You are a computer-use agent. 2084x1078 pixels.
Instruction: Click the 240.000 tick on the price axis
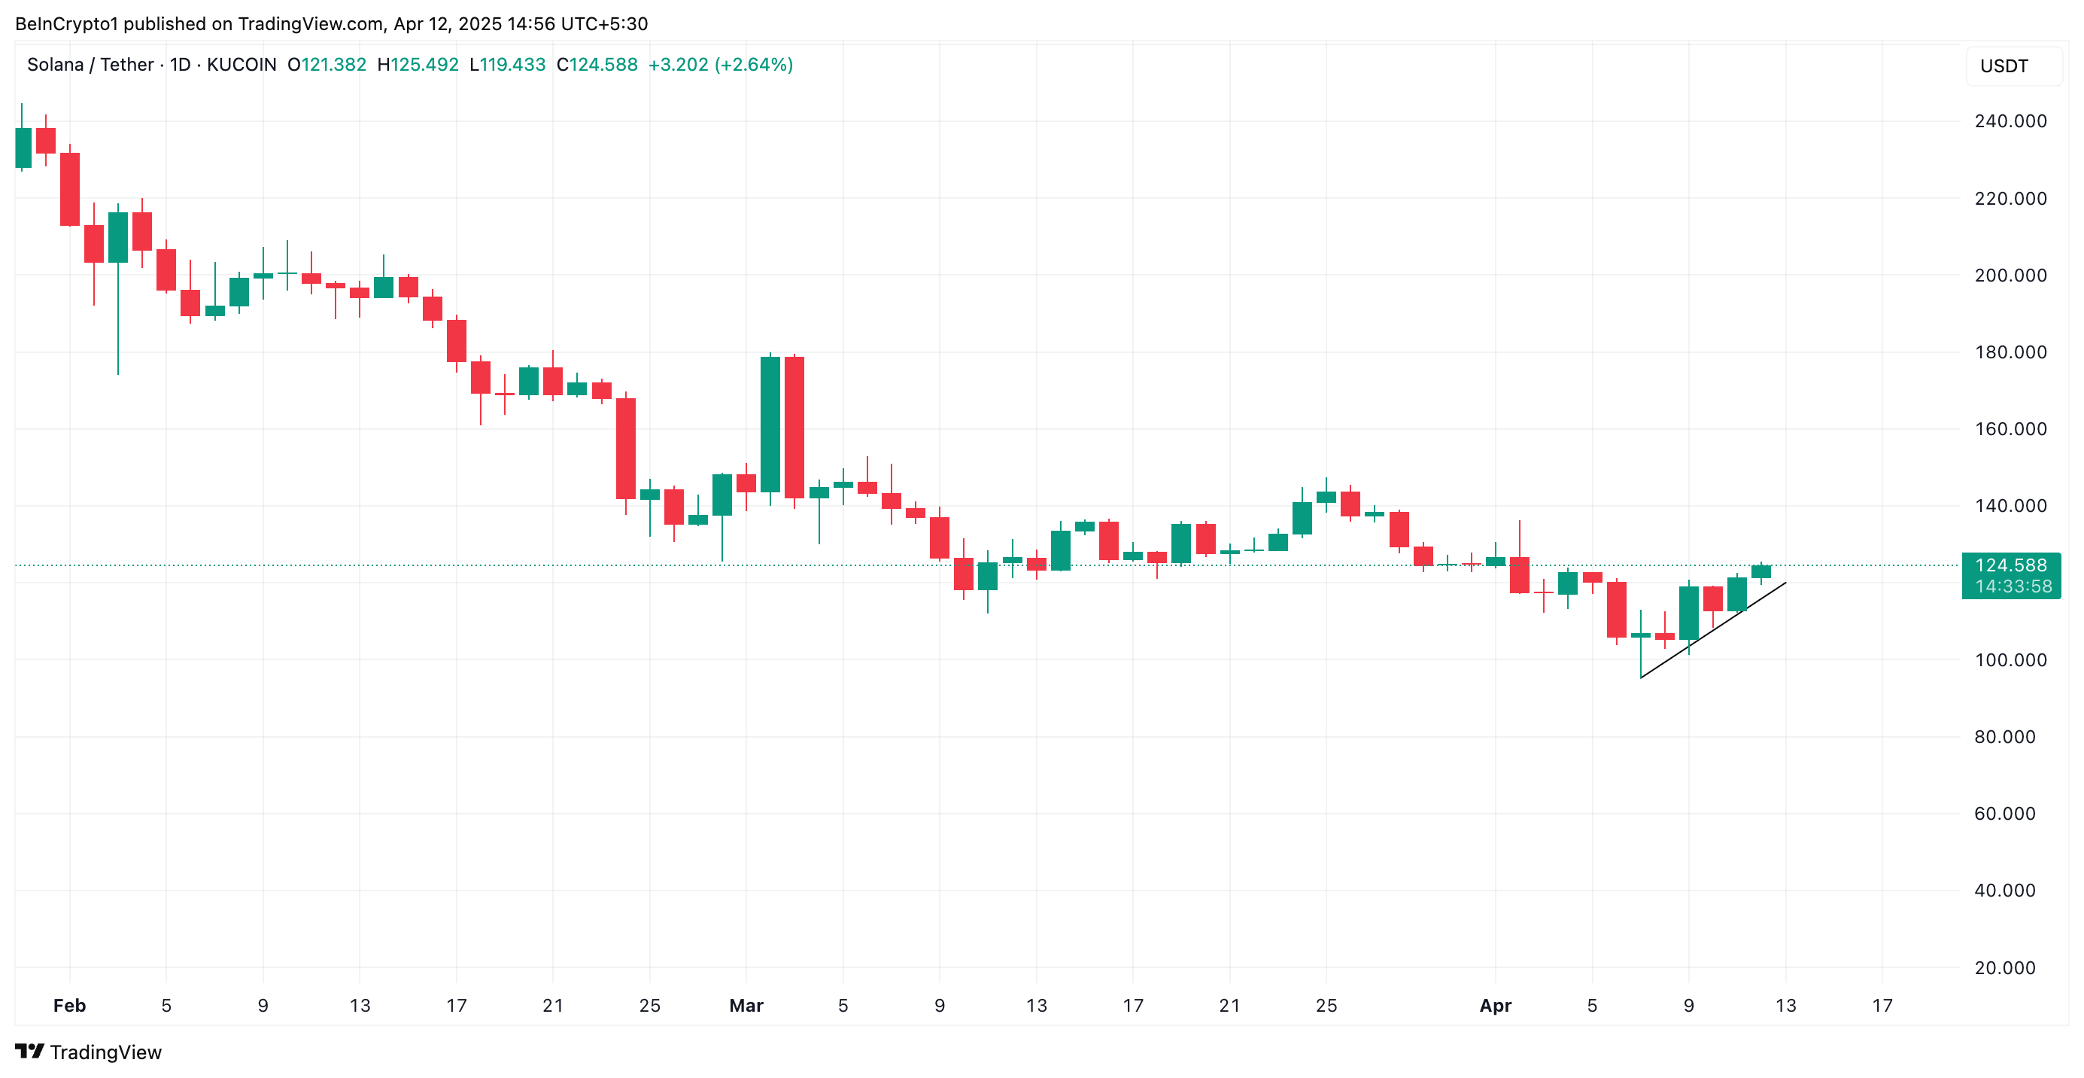tap(2010, 121)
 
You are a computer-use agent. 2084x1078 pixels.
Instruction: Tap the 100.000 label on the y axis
tap(2010, 659)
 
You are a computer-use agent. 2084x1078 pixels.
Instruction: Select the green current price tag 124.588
tap(2010, 565)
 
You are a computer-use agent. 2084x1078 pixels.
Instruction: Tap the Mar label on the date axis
tap(745, 1005)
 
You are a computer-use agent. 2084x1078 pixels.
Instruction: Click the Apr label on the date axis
tap(1494, 1005)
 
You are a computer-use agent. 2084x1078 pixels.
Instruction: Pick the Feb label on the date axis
tap(68, 1005)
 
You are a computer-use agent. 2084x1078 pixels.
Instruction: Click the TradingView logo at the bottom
tap(88, 1052)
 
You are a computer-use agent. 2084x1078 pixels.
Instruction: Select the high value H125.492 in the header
tap(418, 65)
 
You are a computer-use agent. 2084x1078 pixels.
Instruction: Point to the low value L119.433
tap(507, 65)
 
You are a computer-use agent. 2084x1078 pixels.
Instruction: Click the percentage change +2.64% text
tap(754, 65)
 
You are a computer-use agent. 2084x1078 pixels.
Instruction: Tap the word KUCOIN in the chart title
tap(241, 65)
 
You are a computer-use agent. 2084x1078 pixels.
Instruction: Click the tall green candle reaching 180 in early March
tap(770, 424)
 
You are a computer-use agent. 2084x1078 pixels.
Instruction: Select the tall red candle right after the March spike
tap(794, 428)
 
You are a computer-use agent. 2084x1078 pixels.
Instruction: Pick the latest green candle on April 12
tap(1760, 571)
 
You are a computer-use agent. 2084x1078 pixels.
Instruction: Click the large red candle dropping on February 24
tap(625, 449)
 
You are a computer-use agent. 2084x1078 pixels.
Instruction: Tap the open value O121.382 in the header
tap(327, 65)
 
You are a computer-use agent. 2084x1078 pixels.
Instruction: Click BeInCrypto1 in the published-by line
tap(66, 24)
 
